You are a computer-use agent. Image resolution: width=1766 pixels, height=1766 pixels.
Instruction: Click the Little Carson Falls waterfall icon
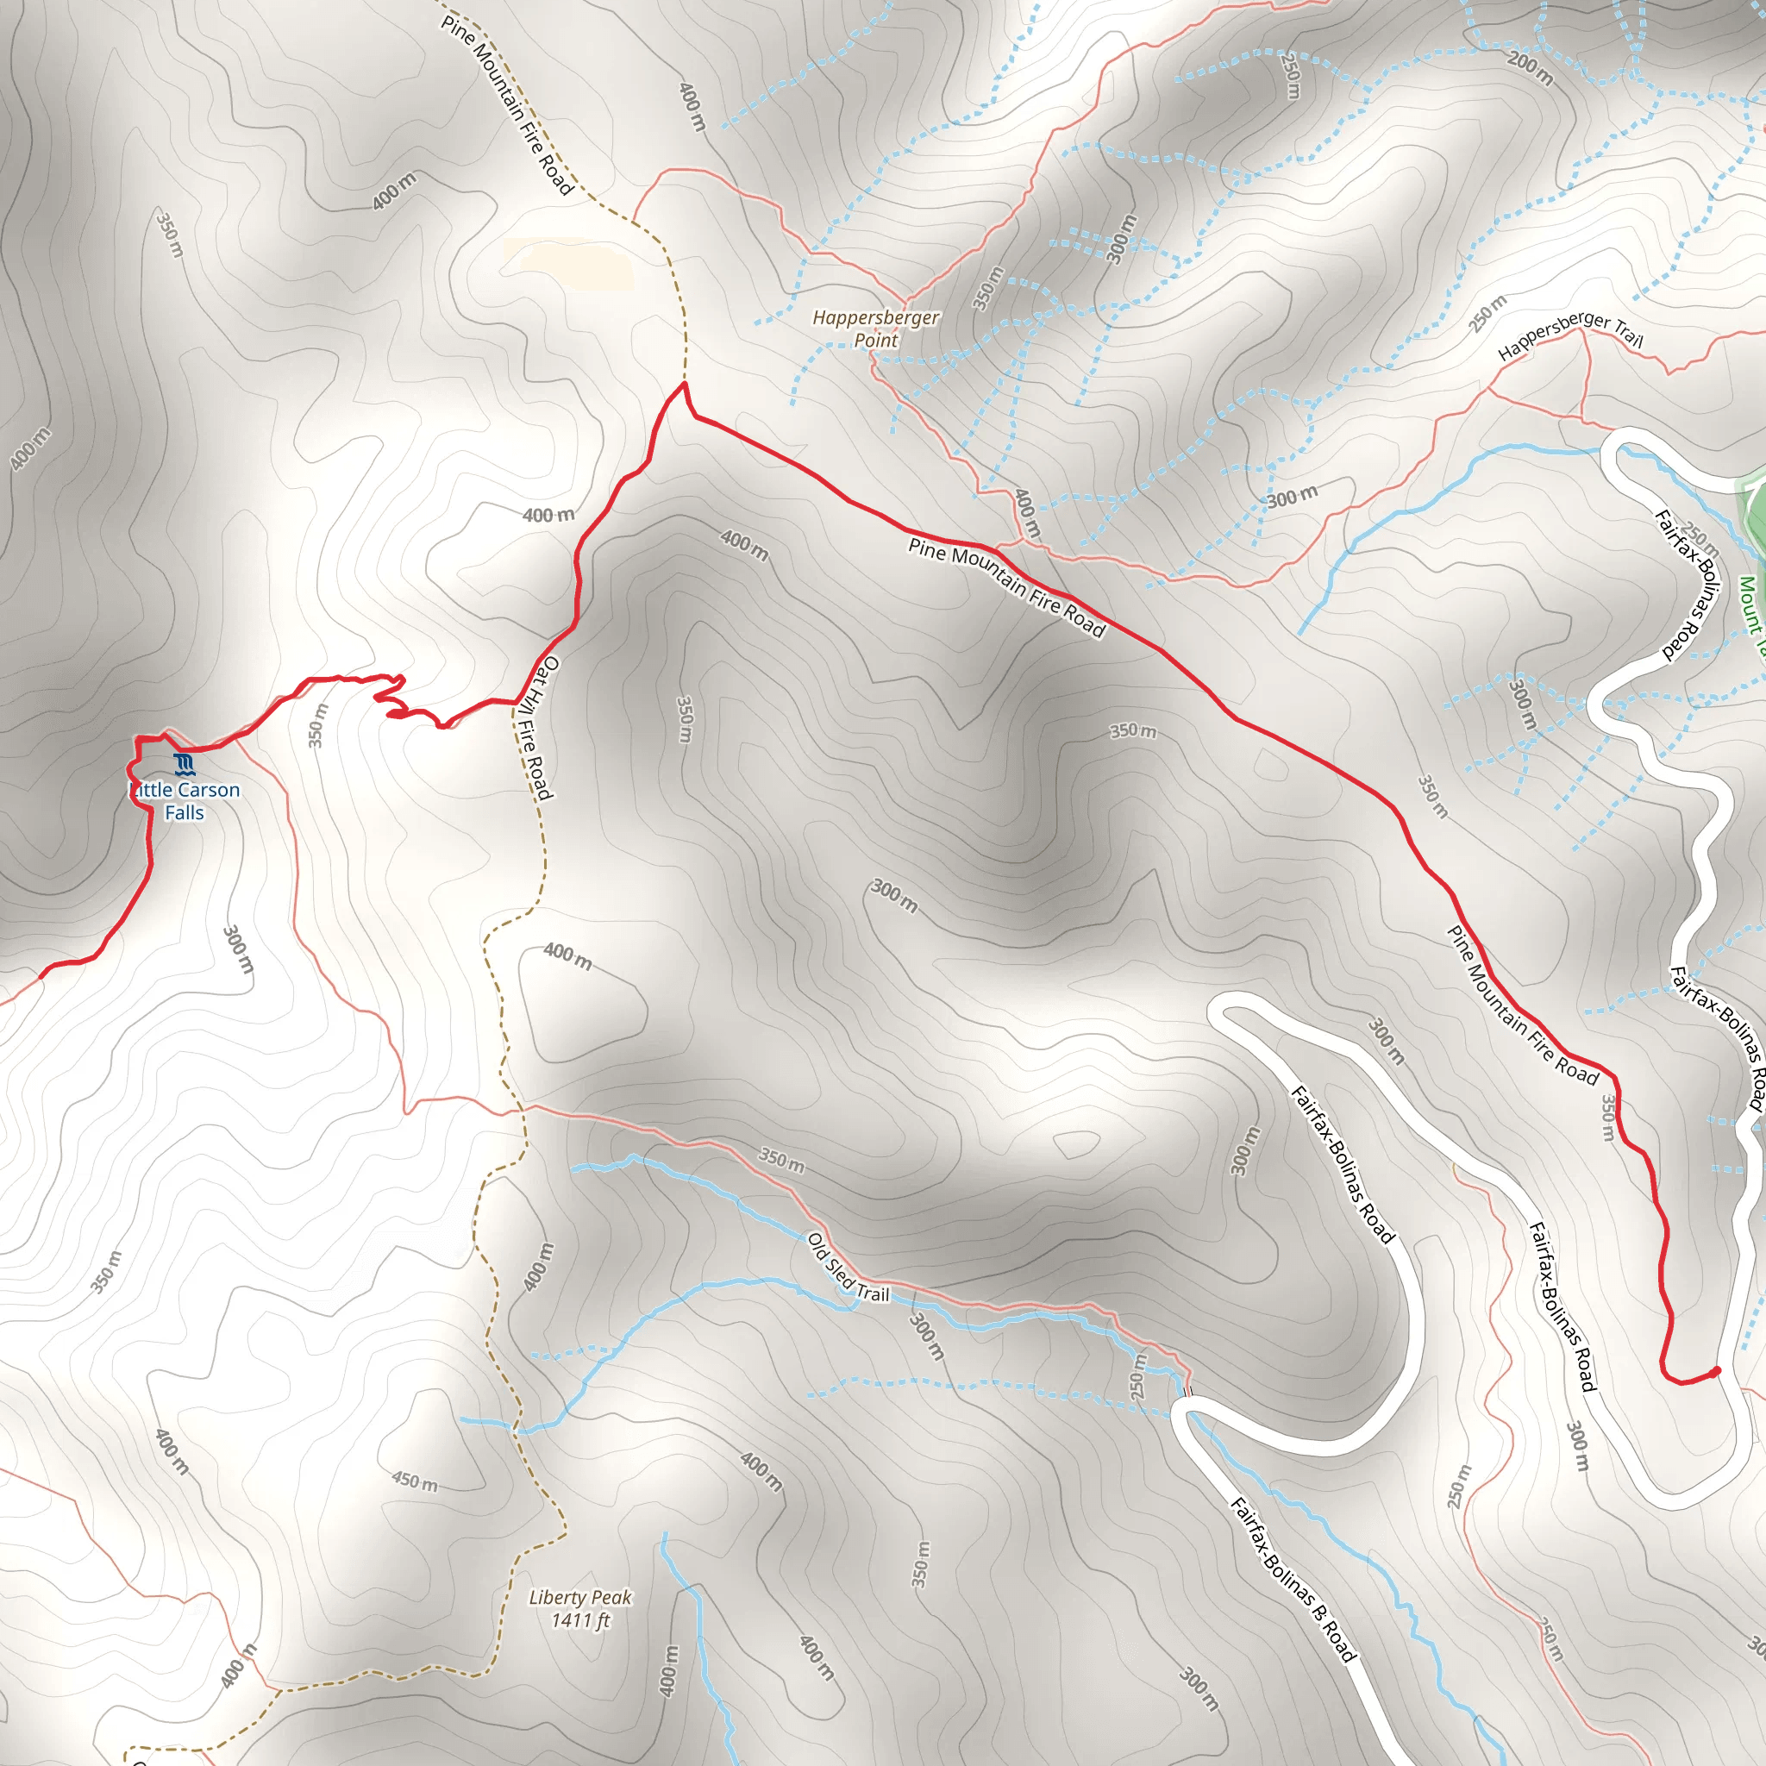(185, 763)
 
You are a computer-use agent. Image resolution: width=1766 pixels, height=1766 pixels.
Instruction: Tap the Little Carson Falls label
(185, 801)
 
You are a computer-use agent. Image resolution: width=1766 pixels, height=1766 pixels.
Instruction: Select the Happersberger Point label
(876, 329)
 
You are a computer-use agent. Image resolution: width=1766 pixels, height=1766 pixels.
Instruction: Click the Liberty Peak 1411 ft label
(580, 1609)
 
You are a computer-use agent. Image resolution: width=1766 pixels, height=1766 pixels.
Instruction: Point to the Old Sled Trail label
(849, 1267)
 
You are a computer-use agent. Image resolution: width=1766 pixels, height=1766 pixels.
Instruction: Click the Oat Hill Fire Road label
(535, 728)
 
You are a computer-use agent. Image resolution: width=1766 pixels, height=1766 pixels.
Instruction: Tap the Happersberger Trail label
(1570, 335)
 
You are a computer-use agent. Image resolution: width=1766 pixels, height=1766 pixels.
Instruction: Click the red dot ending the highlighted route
(1716, 1371)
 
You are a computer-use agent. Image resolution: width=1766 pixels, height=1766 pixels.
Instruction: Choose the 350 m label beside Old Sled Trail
(781, 1161)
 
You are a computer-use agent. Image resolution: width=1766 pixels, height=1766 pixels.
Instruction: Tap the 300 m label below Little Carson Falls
(239, 950)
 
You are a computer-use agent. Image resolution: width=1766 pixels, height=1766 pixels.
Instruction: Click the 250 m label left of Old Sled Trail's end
(1137, 1375)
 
